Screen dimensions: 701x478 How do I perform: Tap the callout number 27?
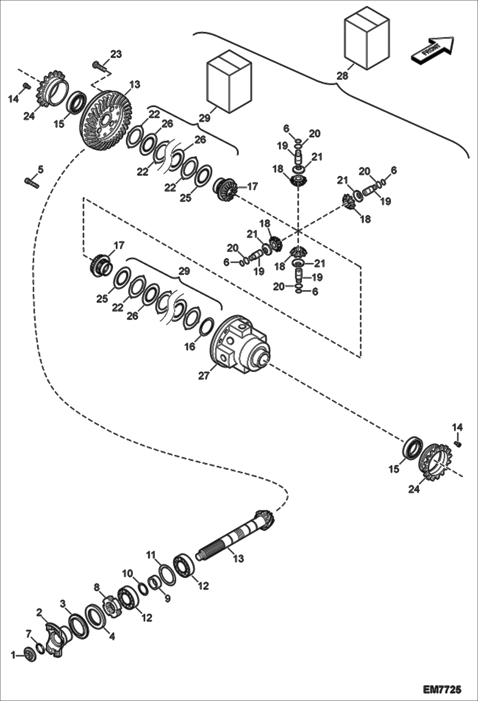204,376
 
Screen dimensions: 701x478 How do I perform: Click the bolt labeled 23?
100,66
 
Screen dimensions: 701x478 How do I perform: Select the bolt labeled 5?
31,183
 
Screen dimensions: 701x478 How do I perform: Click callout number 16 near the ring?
190,346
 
